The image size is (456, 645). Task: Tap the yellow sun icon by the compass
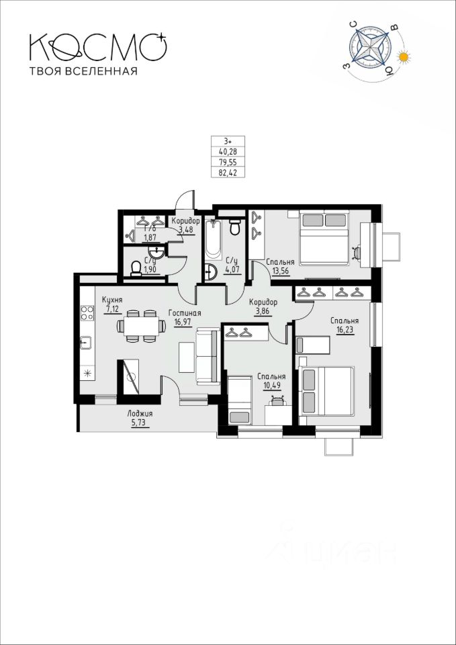(x=404, y=57)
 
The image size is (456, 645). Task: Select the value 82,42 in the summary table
(x=228, y=173)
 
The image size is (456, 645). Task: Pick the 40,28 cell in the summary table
(x=228, y=151)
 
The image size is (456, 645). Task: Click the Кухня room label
(x=113, y=300)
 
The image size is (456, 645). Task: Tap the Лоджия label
(x=140, y=414)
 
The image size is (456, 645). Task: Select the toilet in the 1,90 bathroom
(x=136, y=269)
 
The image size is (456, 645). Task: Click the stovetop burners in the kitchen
(x=87, y=312)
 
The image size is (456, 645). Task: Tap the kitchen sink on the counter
(x=86, y=342)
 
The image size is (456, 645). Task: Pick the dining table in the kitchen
(x=142, y=327)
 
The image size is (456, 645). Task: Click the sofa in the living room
(x=208, y=357)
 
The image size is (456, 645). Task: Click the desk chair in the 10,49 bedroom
(x=279, y=400)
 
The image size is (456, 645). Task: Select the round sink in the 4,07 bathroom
(x=211, y=272)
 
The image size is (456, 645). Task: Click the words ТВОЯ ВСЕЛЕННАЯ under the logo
(x=83, y=72)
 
